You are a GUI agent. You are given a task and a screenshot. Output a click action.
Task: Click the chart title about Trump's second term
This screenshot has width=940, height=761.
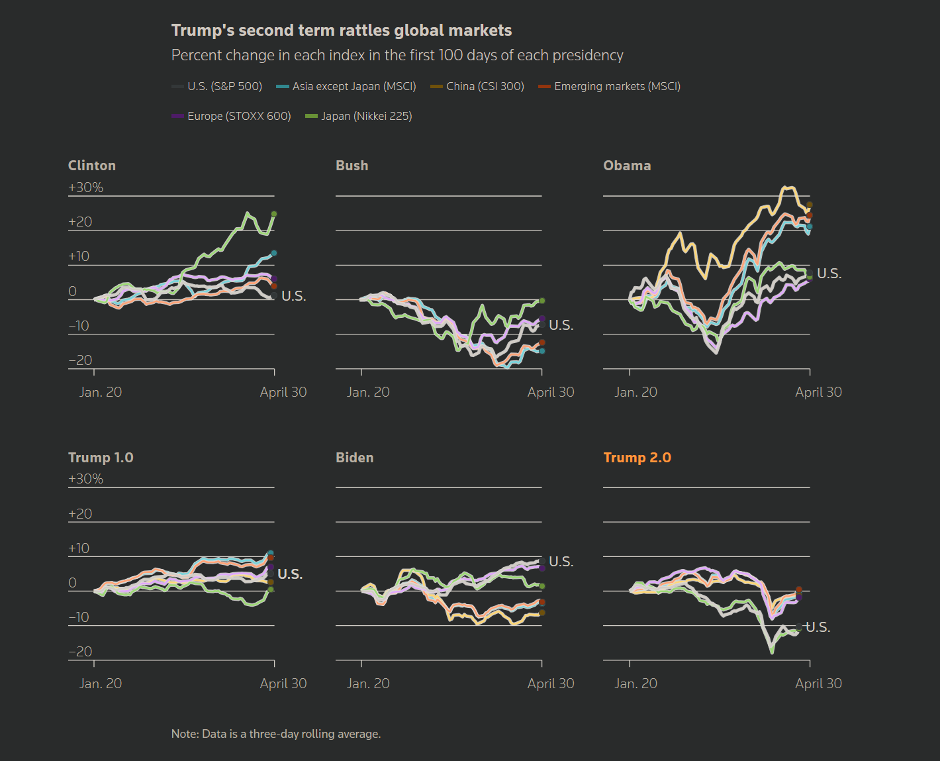(x=341, y=30)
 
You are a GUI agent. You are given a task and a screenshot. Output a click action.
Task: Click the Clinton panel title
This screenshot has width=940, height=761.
(x=92, y=166)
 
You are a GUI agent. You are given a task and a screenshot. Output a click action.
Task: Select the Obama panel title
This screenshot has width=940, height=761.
(x=627, y=166)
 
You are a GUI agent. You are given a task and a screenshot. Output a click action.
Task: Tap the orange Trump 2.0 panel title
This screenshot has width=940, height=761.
(x=637, y=458)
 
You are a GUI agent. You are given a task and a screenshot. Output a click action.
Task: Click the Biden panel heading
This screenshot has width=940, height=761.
(x=354, y=458)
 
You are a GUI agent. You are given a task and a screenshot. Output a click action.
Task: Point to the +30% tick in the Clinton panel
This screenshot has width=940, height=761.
(x=85, y=187)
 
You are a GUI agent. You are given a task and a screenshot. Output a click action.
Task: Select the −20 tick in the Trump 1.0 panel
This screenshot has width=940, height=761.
(x=80, y=652)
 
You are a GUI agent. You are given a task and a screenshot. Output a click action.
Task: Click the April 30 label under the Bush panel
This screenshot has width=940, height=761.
(x=550, y=392)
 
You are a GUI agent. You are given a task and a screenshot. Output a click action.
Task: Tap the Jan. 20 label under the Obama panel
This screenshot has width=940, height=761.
(x=635, y=392)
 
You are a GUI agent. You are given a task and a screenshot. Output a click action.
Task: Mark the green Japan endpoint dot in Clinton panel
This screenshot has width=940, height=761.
(x=274, y=214)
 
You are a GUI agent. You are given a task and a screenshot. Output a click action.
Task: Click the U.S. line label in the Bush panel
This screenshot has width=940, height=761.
(x=561, y=325)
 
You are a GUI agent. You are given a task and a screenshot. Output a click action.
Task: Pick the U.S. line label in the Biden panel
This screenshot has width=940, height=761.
(x=561, y=562)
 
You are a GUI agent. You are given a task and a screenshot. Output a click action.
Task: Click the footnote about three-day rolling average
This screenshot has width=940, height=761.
(x=275, y=734)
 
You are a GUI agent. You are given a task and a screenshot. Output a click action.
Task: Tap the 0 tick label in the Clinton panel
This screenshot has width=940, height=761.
(x=73, y=291)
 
